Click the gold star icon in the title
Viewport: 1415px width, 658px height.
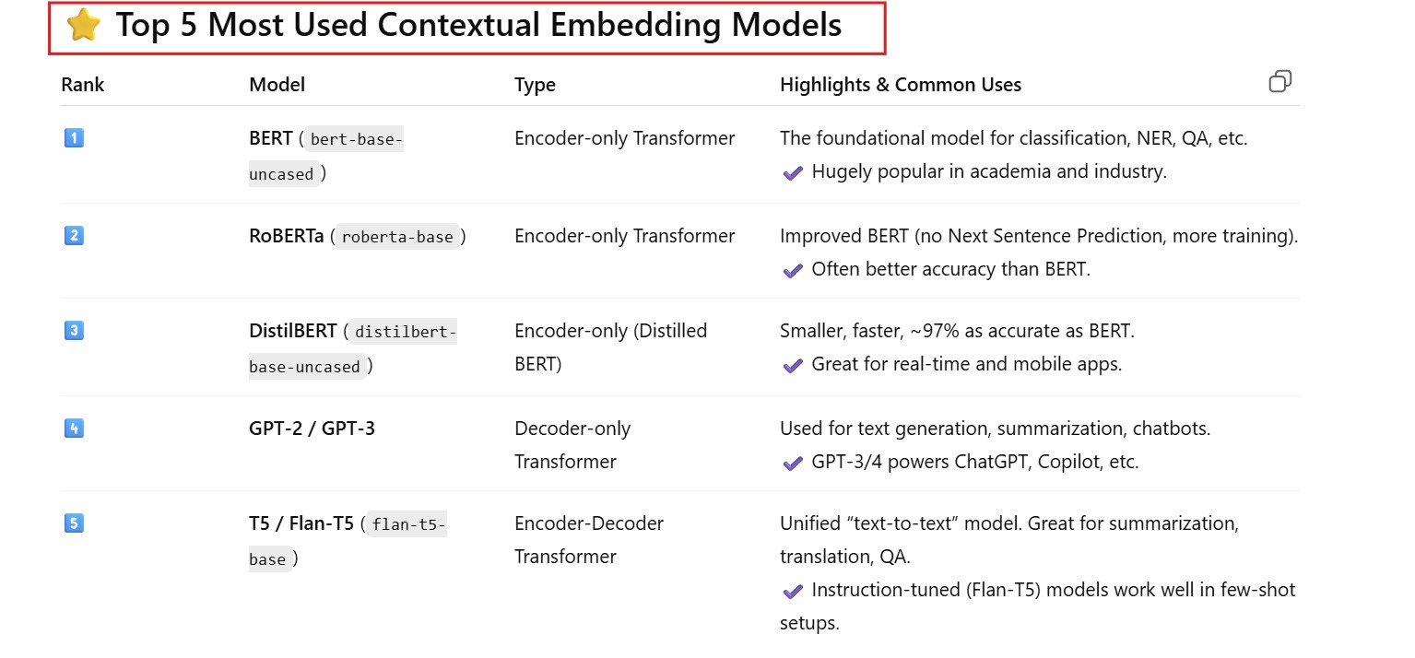click(x=83, y=25)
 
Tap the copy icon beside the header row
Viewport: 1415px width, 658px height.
click(x=1279, y=81)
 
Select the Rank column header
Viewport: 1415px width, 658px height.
click(x=82, y=85)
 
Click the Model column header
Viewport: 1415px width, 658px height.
click(x=277, y=85)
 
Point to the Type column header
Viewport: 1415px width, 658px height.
click(x=535, y=85)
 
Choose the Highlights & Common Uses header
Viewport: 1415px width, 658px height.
click(x=901, y=85)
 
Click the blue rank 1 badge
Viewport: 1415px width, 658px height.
click(x=74, y=137)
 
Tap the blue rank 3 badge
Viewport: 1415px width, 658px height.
click(x=74, y=330)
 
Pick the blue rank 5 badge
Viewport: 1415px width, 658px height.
click(x=74, y=523)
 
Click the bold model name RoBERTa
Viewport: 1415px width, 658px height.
click(x=286, y=236)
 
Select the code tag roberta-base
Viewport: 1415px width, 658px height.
click(x=397, y=237)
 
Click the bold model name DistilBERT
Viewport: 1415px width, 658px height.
click(x=292, y=330)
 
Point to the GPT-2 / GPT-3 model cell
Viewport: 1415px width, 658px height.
click(x=312, y=429)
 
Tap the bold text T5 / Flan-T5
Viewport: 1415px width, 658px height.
click(x=301, y=523)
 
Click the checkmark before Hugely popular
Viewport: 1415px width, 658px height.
click(x=793, y=172)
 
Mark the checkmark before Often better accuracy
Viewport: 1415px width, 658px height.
click(x=793, y=270)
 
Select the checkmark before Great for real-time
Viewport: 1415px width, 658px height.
click(x=793, y=365)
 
